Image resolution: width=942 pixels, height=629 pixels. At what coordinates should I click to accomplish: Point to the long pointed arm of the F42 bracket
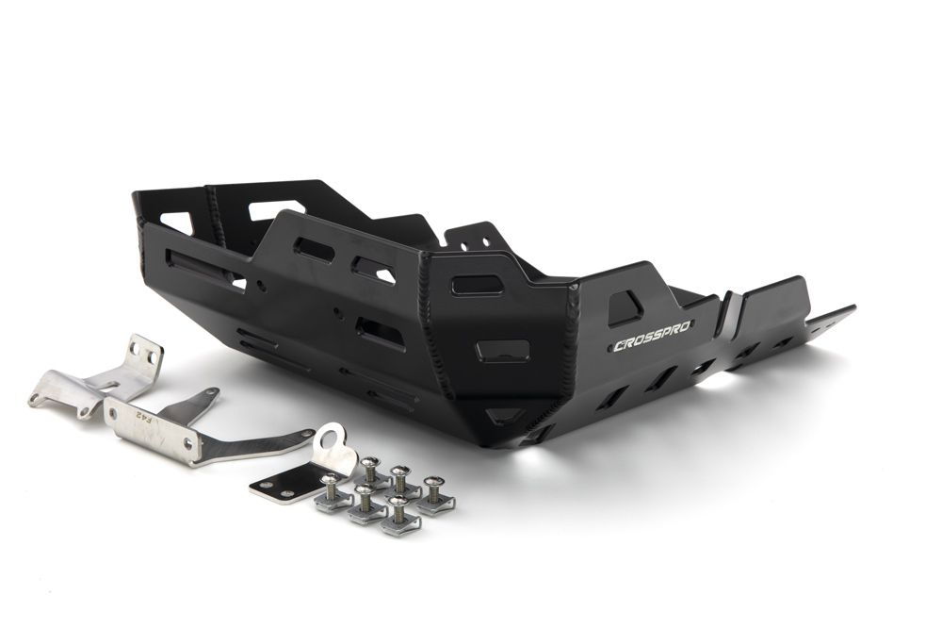[x=258, y=442]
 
